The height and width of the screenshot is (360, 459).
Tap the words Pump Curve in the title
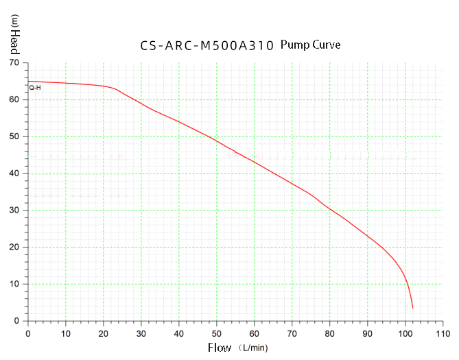pos(310,45)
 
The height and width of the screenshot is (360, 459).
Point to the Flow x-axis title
pos(220,348)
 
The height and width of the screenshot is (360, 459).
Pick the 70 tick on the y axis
pos(14,63)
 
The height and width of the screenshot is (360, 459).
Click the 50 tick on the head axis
pos(14,136)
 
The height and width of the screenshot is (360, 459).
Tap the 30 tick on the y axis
pos(14,211)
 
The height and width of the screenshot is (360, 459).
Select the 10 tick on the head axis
pos(14,284)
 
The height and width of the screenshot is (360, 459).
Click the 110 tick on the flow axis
pos(443,333)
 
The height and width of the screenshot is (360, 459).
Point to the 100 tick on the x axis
pos(405,333)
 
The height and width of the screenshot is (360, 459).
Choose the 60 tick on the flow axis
pos(255,333)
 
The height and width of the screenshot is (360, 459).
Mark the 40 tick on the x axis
pos(179,333)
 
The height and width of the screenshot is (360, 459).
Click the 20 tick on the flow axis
pos(104,333)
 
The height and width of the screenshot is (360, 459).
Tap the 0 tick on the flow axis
pos(28,333)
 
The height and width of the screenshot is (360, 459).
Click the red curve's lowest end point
pos(412,308)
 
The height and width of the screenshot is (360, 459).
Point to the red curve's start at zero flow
pos(28,82)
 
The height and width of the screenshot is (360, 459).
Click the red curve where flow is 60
pos(255,163)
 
